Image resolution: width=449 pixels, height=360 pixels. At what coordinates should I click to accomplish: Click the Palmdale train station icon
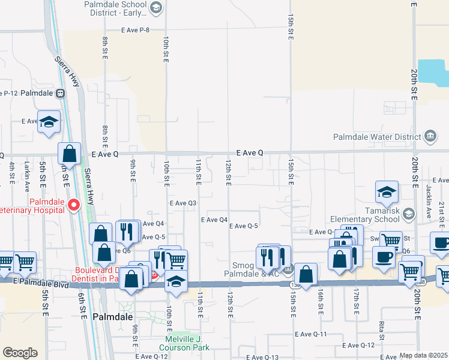[x=60, y=93]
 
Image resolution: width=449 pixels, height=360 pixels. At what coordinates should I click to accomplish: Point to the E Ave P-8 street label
[x=134, y=29]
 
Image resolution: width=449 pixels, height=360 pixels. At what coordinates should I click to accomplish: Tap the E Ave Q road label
[x=249, y=153]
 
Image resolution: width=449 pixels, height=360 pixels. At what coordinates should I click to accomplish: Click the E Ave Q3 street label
[x=182, y=203]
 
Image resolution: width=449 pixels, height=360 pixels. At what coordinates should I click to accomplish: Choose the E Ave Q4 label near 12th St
[x=214, y=220]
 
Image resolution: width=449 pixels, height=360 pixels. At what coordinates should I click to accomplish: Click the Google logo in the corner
[x=20, y=353]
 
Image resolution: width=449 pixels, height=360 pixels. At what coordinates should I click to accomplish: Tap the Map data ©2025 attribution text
[x=424, y=356]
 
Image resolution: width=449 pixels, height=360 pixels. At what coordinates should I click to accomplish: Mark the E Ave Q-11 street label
[x=310, y=334]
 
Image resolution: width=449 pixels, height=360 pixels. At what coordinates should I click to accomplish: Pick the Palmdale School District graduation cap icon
[x=156, y=7]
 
